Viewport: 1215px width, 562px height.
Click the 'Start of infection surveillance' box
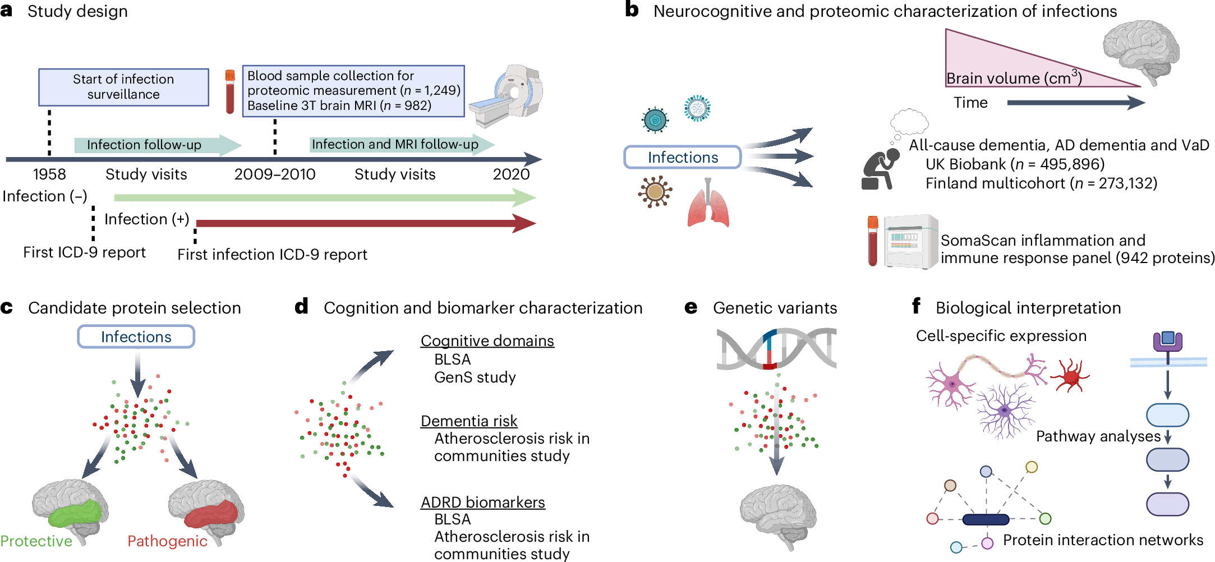point(123,87)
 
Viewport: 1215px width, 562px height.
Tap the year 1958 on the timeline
point(49,174)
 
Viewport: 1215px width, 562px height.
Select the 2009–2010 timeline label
point(275,174)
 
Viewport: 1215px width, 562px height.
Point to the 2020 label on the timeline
point(511,174)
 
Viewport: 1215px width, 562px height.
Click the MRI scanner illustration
point(508,95)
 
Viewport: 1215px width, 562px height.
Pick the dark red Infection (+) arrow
point(365,223)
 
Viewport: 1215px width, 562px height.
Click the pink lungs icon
point(708,205)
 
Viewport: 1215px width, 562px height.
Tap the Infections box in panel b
point(683,157)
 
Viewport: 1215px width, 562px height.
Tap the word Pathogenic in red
point(167,541)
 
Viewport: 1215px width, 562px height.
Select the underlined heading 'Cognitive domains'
point(487,341)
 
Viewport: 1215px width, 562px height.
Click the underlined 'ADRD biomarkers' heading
point(482,502)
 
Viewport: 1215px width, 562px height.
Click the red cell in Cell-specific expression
point(1070,375)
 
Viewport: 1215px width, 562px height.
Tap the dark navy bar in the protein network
point(986,520)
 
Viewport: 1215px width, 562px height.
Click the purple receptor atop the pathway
point(1167,340)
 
